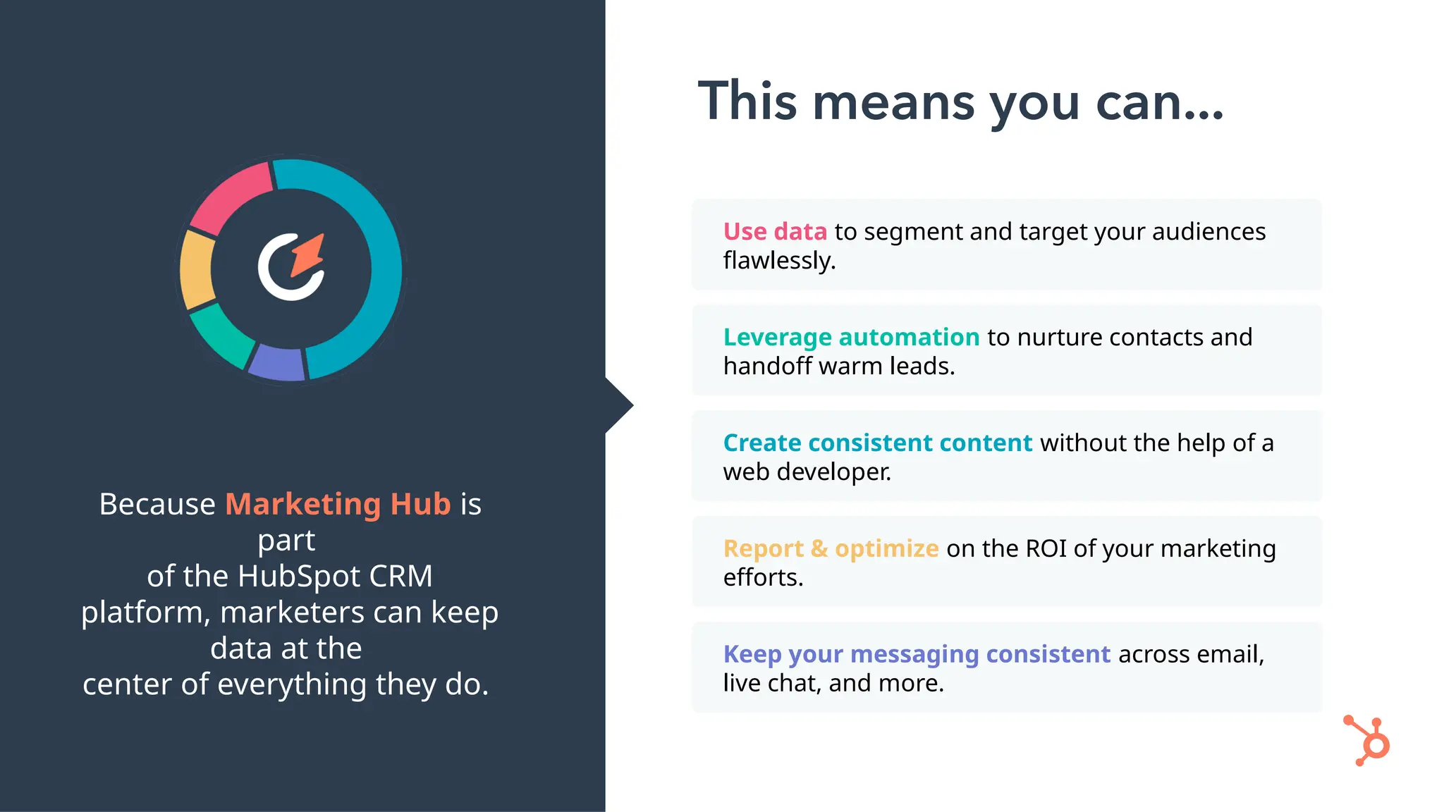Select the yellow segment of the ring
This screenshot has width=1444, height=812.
coord(197,270)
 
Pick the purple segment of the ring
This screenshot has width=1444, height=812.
coord(277,363)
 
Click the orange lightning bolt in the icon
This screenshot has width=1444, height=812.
coord(309,255)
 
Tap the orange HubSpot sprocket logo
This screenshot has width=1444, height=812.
coord(1368,742)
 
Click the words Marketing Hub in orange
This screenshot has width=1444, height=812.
coord(338,505)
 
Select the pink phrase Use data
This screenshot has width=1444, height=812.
coord(774,232)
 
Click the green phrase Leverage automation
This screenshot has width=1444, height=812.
coord(851,338)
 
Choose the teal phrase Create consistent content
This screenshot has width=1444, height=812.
coord(877,443)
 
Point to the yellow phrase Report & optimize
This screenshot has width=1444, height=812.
coord(831,549)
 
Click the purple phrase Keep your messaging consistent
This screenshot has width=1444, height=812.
coord(917,655)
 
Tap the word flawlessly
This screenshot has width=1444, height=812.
coord(778,261)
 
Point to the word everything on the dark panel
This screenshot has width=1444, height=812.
coord(292,684)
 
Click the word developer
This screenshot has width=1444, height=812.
coord(833,472)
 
